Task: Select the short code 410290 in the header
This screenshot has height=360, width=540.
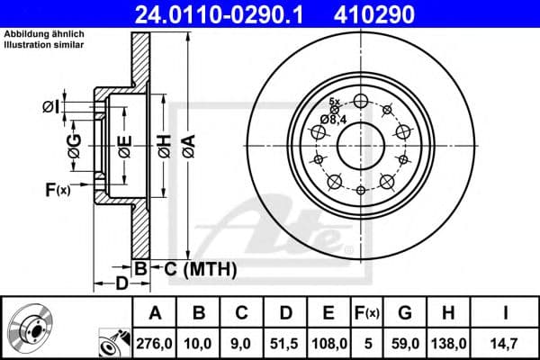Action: (x=403, y=13)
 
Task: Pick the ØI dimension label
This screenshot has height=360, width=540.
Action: (x=52, y=108)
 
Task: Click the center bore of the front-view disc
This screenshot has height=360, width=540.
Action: (x=359, y=144)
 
